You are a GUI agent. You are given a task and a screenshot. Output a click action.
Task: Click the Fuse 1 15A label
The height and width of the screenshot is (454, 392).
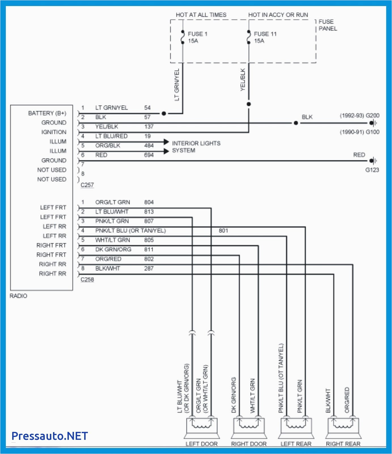click(197, 37)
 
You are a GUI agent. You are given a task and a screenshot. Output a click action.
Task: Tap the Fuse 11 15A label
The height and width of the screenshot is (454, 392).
click(265, 37)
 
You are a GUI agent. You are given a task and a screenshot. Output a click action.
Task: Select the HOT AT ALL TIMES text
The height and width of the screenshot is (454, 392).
click(201, 15)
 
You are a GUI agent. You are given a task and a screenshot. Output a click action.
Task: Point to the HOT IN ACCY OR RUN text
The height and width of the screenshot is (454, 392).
click(278, 15)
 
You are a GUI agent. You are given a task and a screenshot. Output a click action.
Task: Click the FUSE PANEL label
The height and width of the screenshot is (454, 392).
click(327, 25)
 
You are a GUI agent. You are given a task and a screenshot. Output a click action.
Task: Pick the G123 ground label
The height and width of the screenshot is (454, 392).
click(372, 170)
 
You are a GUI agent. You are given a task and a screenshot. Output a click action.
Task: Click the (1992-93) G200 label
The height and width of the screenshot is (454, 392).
click(359, 115)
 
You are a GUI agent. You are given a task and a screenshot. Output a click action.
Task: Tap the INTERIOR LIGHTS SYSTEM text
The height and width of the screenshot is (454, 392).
click(196, 147)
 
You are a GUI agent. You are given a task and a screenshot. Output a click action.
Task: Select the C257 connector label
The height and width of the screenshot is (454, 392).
click(87, 185)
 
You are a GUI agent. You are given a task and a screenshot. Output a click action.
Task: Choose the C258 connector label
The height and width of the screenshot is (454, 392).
click(87, 279)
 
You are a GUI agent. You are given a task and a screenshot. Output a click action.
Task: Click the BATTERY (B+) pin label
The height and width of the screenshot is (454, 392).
click(47, 113)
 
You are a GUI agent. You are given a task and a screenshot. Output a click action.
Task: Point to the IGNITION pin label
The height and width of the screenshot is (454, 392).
click(54, 132)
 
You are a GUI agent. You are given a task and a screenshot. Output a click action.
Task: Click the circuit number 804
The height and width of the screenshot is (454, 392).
click(149, 202)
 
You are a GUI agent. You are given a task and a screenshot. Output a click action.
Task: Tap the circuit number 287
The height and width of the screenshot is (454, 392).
click(149, 268)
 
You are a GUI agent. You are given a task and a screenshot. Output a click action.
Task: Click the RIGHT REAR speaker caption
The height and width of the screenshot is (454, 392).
click(343, 444)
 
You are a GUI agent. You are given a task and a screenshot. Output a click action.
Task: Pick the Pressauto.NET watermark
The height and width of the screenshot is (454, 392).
click(50, 436)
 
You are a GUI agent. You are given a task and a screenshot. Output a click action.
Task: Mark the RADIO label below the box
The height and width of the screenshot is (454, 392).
click(18, 296)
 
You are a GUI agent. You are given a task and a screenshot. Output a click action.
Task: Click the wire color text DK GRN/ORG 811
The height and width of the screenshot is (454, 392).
click(113, 249)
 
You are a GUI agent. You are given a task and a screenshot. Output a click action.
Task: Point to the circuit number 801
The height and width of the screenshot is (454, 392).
click(223, 231)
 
